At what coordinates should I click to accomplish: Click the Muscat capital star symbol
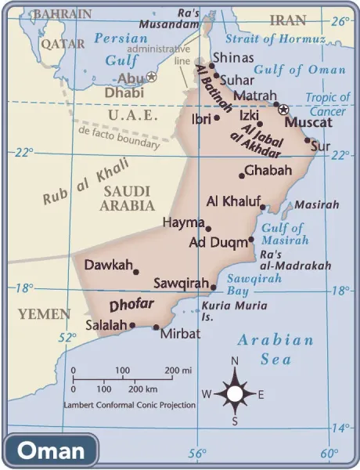[x=283, y=110]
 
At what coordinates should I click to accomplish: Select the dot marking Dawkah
[x=136, y=272]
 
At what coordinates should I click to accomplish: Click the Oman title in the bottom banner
[x=51, y=450]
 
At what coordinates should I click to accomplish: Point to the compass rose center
[x=235, y=393]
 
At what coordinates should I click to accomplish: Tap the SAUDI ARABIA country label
[x=127, y=198]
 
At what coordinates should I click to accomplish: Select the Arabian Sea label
[x=275, y=349]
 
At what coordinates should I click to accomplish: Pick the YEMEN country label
[x=44, y=313]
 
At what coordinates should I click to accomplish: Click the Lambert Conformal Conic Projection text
[x=130, y=405]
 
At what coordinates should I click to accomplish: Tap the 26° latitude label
[x=340, y=21]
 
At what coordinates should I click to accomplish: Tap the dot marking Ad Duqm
[x=251, y=240]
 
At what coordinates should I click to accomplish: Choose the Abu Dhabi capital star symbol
[x=152, y=77]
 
